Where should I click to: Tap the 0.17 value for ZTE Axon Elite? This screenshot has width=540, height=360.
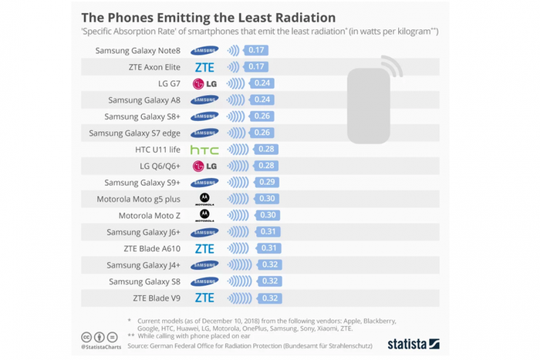pyautogui.click(x=255, y=67)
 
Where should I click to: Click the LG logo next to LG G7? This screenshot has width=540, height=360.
pyautogui.click(x=204, y=84)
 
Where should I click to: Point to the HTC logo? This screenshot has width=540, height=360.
pyautogui.click(x=204, y=150)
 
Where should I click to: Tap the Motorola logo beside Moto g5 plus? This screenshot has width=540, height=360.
pyautogui.click(x=204, y=199)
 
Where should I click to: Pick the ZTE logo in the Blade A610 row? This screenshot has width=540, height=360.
pyautogui.click(x=204, y=248)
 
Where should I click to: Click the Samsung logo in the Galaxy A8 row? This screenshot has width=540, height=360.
pyautogui.click(x=204, y=100)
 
